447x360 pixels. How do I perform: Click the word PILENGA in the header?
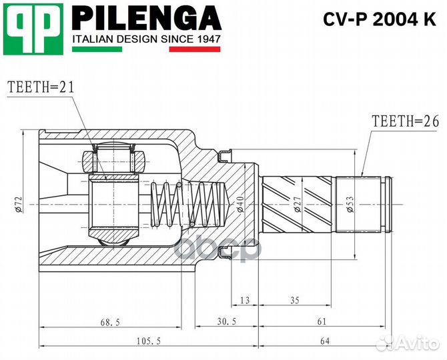click(x=145, y=18)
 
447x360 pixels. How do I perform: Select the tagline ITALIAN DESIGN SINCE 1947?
click(x=145, y=39)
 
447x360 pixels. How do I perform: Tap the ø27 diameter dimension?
click(x=296, y=204)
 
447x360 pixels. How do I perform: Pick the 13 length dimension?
click(x=244, y=301)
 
